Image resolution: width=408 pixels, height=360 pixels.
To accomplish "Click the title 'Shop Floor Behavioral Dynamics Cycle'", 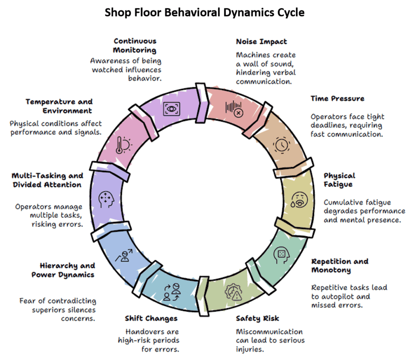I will (x=204, y=13).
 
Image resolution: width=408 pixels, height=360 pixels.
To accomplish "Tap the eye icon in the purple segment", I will (x=172, y=108).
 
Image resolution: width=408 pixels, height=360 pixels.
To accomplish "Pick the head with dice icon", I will (x=280, y=254).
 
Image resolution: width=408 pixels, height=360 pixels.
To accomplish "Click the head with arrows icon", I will (x=106, y=199).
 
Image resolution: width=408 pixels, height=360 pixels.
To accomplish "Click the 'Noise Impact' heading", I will (x=261, y=41).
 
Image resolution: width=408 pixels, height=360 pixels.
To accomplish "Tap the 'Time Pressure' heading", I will (x=337, y=98).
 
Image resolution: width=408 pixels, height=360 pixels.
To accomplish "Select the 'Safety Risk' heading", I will (x=257, y=318).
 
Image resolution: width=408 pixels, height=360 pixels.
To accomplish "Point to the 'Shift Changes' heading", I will (x=151, y=318).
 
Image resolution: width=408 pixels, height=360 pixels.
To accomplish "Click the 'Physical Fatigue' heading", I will (x=339, y=180).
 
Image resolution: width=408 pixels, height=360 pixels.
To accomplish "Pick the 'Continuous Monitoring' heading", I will (x=135, y=45).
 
